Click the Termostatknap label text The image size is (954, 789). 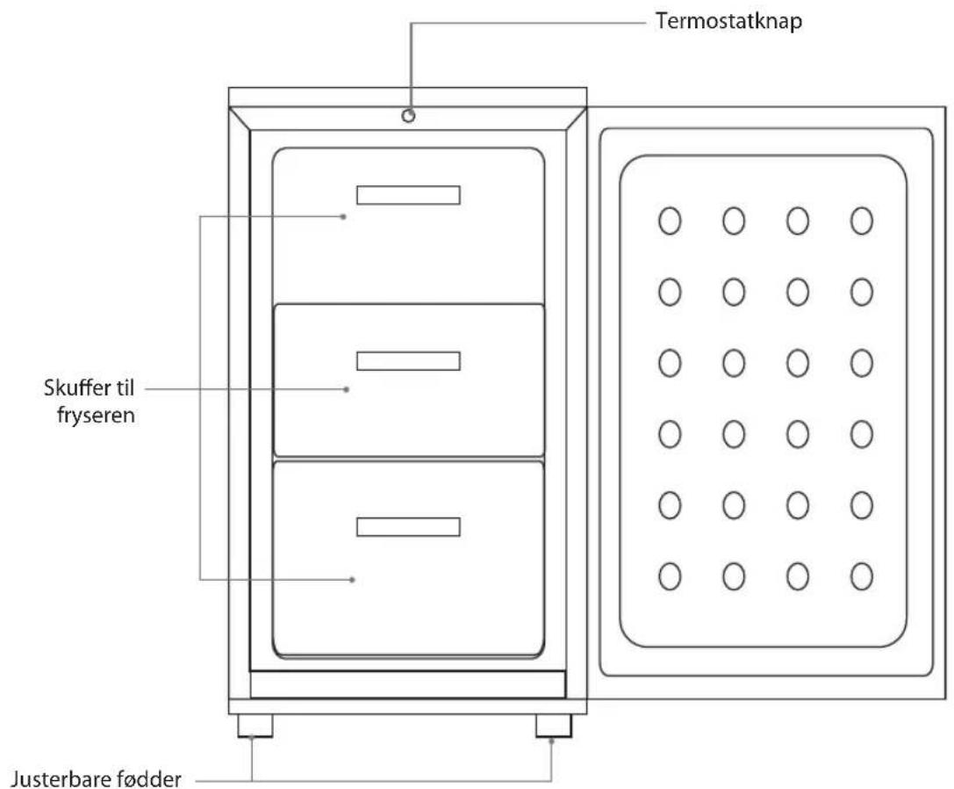click(728, 21)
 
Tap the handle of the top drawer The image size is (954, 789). click(408, 195)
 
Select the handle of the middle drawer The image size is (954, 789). click(408, 361)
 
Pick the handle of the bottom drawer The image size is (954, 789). click(408, 527)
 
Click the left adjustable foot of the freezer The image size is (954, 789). click(255, 726)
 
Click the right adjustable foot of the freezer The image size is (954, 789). click(554, 726)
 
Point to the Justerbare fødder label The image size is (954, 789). click(97, 779)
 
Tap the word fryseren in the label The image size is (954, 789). click(96, 416)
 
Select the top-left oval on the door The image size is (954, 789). click(670, 221)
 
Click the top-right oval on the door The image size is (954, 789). click(862, 221)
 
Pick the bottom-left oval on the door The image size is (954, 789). click(670, 576)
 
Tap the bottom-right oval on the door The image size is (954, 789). click(862, 576)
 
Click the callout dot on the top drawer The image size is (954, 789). click(344, 217)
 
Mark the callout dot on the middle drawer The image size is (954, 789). click(347, 389)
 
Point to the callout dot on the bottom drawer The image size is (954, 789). click(352, 580)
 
